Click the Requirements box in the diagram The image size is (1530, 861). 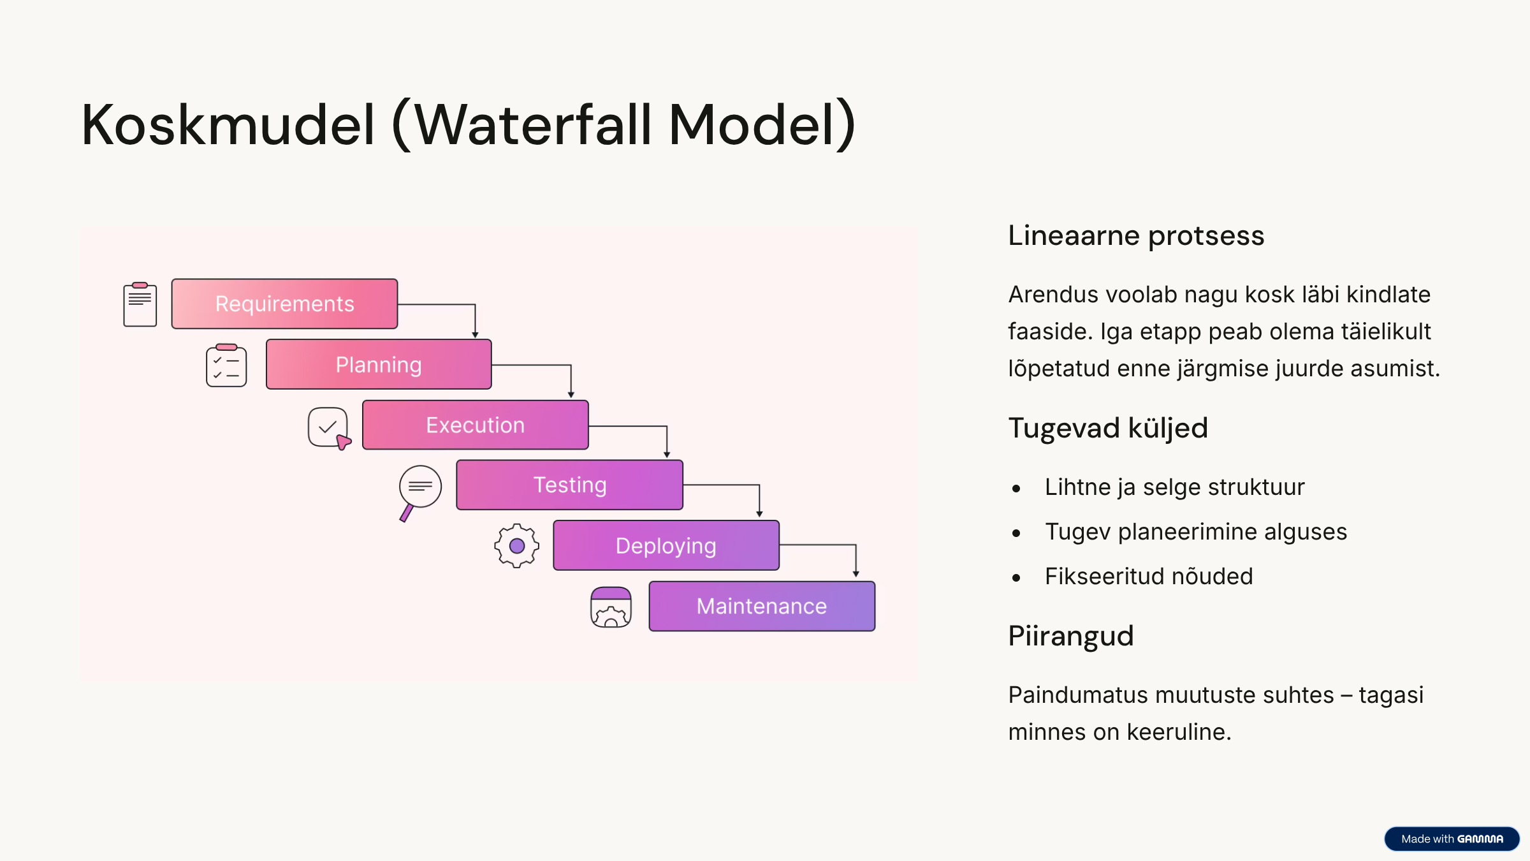pos(284,304)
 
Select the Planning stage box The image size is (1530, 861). pos(379,364)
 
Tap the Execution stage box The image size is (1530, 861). pos(475,425)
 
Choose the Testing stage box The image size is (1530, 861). pos(569,485)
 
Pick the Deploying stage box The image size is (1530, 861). pos(666,545)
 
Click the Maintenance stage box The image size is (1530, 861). pos(762,606)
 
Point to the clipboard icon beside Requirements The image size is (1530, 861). pos(140,304)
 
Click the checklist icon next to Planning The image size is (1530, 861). pos(226,365)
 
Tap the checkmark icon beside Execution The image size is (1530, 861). pos(329,428)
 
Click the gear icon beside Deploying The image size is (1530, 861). pos(516,546)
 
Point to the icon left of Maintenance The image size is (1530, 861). pos(611,607)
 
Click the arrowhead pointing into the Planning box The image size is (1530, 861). pos(475,334)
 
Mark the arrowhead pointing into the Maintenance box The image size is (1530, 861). pos(856,574)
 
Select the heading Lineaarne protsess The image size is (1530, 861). pos(1135,235)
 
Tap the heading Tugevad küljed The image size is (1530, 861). pos(1107,428)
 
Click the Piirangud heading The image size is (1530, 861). pos(1070,636)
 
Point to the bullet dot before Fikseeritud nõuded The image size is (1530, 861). pos(1016,578)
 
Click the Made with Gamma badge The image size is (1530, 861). pos(1452,839)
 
